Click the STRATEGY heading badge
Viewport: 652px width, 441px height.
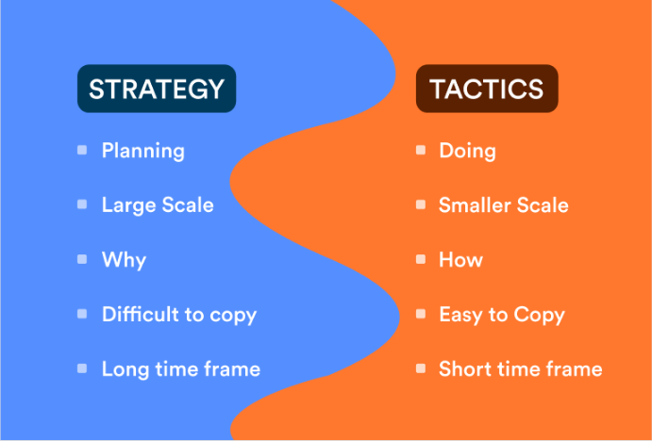pos(156,89)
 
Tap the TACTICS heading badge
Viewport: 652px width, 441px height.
pos(487,89)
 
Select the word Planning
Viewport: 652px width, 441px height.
pos(142,151)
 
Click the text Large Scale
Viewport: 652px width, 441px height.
pos(158,204)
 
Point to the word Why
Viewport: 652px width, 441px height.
pos(124,259)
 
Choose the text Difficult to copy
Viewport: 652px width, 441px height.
pos(179,314)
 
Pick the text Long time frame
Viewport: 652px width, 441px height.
pos(180,368)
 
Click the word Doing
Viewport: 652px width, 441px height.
pos(467,151)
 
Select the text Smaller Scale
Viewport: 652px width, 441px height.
pos(503,204)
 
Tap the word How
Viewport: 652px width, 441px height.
pos(460,259)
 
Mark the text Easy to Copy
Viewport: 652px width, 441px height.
pos(501,314)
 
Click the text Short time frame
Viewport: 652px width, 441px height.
pos(520,368)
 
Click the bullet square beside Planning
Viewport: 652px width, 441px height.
pos(82,150)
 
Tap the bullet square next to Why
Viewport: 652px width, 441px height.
pos(82,259)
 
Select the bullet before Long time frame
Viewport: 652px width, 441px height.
pos(82,368)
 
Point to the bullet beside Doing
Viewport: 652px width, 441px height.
pos(421,150)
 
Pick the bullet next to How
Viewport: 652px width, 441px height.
pos(421,259)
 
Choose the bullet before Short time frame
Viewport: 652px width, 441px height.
pos(421,368)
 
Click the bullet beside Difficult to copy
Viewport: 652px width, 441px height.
pos(82,314)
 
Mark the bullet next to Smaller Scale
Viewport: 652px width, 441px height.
pos(421,204)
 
